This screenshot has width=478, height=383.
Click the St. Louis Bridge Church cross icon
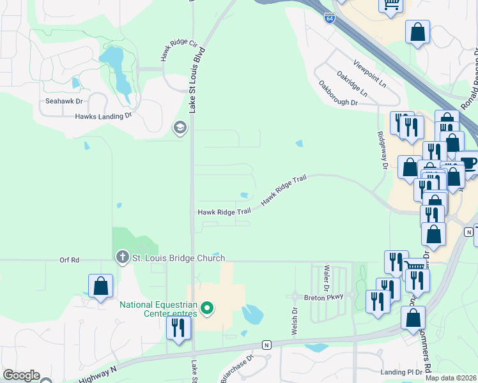(122, 258)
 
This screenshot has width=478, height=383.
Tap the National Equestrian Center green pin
(206, 310)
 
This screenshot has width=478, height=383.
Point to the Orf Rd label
(69, 260)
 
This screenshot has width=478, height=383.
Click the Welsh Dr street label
(295, 321)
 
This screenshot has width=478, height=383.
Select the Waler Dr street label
(327, 276)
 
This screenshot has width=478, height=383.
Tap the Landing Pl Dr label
(401, 372)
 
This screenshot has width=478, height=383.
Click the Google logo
(21, 375)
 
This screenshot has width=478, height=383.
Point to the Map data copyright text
(451, 378)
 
